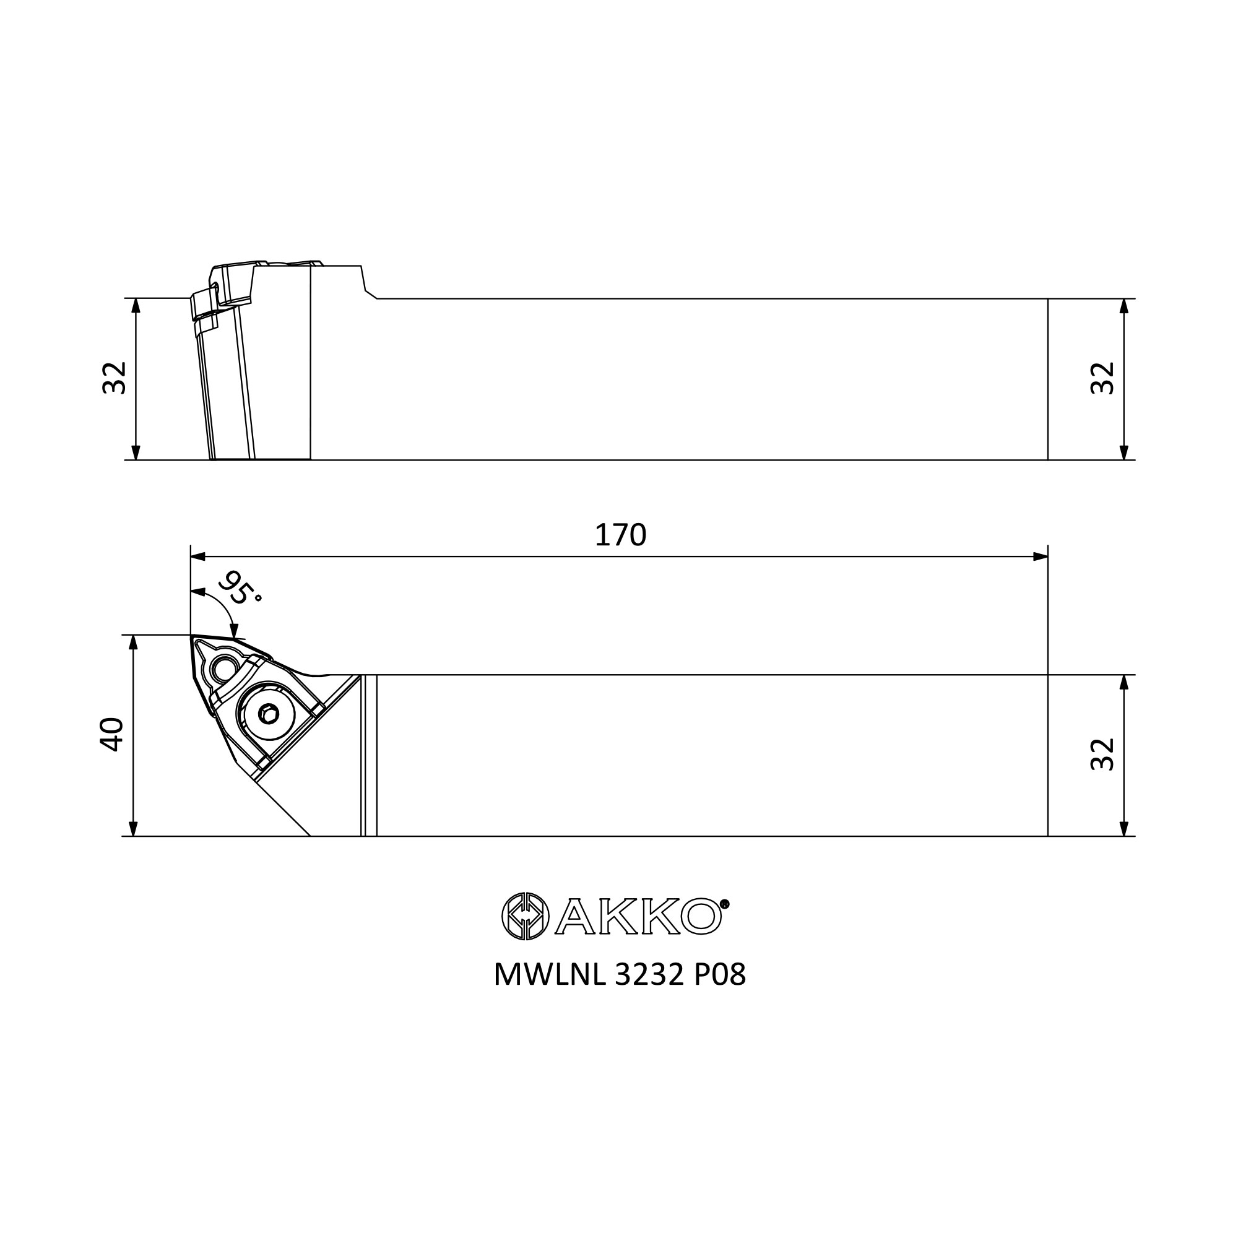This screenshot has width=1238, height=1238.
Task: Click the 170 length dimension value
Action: click(x=620, y=535)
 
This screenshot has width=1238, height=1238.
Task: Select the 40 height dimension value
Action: click(x=111, y=734)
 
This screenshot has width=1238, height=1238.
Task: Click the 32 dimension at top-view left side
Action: click(x=115, y=378)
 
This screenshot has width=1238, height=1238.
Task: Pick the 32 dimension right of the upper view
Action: click(x=1103, y=378)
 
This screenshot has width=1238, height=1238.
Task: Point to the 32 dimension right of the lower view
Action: click(x=1103, y=754)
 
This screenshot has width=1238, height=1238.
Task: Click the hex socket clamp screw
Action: click(x=269, y=713)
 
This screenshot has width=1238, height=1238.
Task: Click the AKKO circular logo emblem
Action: click(x=525, y=916)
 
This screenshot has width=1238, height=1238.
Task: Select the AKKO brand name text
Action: click(x=638, y=916)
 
